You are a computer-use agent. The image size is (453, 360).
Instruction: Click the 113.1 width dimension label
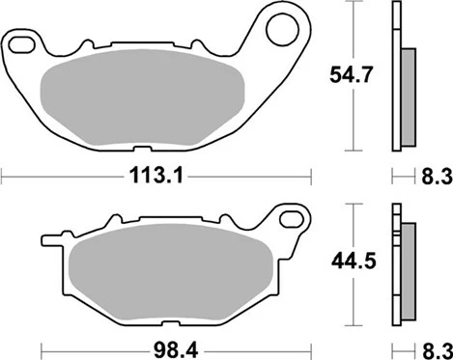[x=156, y=177]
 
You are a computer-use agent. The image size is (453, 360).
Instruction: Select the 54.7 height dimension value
[x=351, y=75]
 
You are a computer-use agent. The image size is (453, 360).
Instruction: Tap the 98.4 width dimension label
[x=176, y=350]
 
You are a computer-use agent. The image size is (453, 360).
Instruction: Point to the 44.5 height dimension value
[x=354, y=262]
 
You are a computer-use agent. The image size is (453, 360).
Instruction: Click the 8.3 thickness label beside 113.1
[x=437, y=177]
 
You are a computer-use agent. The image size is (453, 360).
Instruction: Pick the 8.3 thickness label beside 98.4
[x=438, y=350]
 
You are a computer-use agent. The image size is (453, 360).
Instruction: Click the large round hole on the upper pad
[x=283, y=30]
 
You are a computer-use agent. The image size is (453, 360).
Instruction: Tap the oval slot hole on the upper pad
[x=21, y=44]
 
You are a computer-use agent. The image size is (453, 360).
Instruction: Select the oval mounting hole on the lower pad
[x=292, y=219]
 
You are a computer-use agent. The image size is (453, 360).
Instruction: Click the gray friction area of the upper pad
[x=142, y=97]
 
